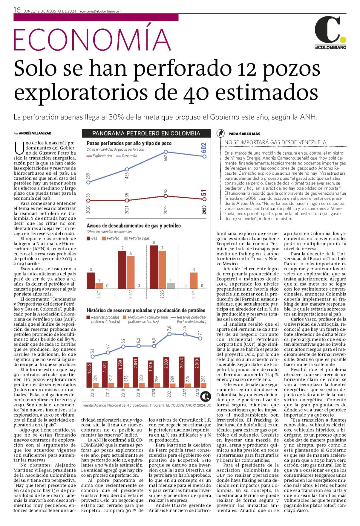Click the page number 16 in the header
(x=17, y=10)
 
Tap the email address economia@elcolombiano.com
(x=101, y=11)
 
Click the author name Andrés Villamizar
(x=35, y=133)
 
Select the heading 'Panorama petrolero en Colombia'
(x=146, y=133)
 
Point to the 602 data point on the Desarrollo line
(x=204, y=156)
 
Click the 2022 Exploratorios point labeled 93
(x=166, y=196)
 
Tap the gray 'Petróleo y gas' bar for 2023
(x=171, y=286)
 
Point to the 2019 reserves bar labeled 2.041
(x=135, y=372)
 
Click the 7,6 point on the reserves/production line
(x=169, y=334)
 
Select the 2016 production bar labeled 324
(x=96, y=385)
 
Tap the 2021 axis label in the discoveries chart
(x=99, y=295)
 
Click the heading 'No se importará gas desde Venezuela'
(x=275, y=142)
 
